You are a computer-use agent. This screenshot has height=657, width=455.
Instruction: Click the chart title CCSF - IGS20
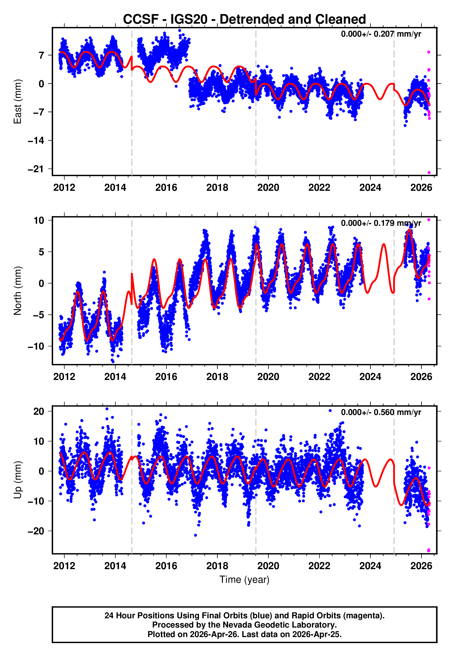(x=244, y=19)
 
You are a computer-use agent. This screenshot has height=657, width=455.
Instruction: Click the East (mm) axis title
(x=18, y=102)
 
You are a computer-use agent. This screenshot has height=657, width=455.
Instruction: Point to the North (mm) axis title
(x=18, y=291)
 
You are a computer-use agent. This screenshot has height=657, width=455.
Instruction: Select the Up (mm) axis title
(x=18, y=480)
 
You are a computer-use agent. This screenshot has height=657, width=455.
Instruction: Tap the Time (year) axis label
(x=244, y=580)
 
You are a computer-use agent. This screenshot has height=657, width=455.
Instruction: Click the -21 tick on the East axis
(x=36, y=169)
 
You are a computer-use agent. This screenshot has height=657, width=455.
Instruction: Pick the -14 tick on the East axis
(x=36, y=140)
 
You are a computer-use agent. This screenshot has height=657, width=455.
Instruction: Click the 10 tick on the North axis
(x=39, y=220)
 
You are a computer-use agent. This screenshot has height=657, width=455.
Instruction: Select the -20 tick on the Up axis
(x=36, y=531)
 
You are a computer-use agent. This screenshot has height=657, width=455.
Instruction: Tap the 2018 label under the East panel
(x=217, y=188)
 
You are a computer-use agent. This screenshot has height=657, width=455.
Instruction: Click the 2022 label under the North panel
(x=319, y=377)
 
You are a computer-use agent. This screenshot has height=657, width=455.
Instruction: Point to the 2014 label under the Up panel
(x=115, y=566)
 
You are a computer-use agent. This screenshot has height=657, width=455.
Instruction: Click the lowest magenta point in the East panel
(x=429, y=172)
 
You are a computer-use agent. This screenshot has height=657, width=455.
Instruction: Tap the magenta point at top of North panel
(x=429, y=220)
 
